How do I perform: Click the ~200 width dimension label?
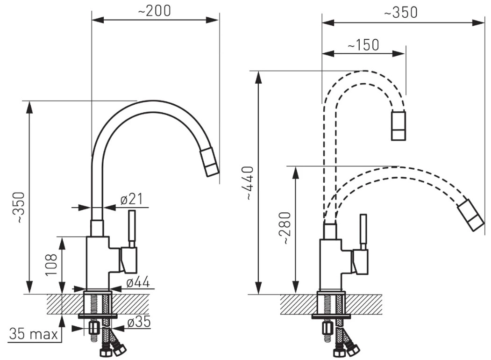154,11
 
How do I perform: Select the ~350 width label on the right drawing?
401,13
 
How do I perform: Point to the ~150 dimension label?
363,45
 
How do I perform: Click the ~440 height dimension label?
249,183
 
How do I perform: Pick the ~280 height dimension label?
285,228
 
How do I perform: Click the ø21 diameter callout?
132,199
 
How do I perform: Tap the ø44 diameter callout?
138,282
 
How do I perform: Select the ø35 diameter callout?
139,322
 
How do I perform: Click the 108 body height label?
51,265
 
